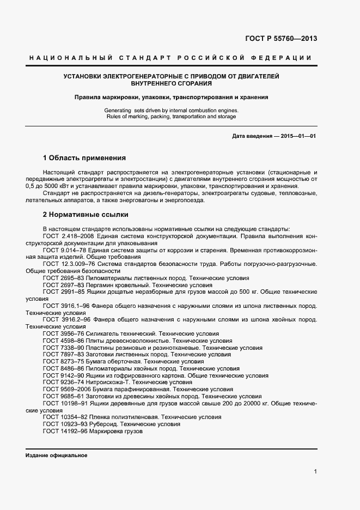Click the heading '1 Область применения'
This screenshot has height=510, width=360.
[84, 158]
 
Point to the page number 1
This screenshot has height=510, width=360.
[315, 471]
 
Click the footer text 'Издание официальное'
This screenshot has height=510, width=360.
[56, 455]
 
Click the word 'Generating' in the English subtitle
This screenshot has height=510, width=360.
[117, 110]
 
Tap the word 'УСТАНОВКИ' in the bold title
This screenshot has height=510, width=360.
[82, 76]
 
